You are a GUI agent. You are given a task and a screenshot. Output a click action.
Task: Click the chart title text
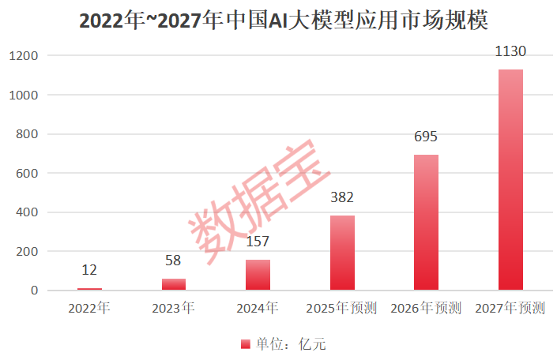point(278,20)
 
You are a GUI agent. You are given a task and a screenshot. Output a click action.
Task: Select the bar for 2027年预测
point(510,180)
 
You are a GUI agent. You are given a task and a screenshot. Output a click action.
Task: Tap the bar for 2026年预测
point(426,223)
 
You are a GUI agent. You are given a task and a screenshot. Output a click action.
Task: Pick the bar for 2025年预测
point(342,253)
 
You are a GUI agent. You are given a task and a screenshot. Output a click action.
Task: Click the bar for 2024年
point(258,275)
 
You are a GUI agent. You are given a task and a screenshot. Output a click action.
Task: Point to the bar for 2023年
point(174,284)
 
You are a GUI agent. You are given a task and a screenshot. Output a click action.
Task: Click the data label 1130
point(510,52)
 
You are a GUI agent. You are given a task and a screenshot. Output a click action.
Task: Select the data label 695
point(426,137)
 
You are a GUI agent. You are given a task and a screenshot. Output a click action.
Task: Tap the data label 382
point(342,198)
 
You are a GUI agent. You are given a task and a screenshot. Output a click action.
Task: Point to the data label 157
point(258,242)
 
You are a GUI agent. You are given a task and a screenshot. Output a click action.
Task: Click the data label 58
point(174,261)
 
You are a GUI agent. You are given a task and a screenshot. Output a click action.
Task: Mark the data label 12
point(89,270)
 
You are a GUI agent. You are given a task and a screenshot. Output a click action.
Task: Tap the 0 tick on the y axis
point(35,291)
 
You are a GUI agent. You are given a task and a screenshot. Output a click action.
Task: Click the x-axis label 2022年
point(89,308)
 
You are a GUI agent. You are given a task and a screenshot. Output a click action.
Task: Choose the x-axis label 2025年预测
point(342,308)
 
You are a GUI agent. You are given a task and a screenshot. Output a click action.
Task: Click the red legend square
point(244,344)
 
